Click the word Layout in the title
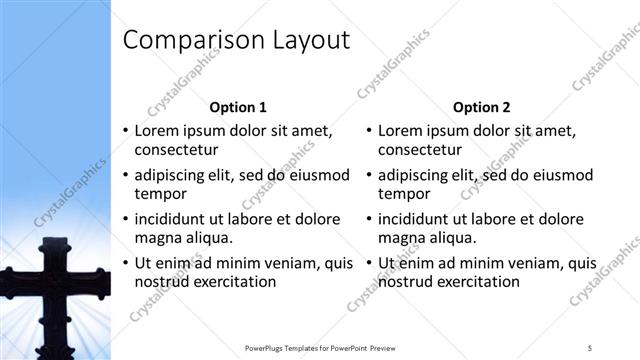pyautogui.click(x=306, y=41)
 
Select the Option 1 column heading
pyautogui.click(x=237, y=107)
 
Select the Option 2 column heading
pyautogui.click(x=481, y=107)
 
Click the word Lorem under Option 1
pyautogui.click(x=158, y=130)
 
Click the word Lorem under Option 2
pyautogui.click(x=402, y=130)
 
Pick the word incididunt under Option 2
pyautogui.click(x=419, y=219)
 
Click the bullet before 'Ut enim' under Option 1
pyautogui.click(x=125, y=264)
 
